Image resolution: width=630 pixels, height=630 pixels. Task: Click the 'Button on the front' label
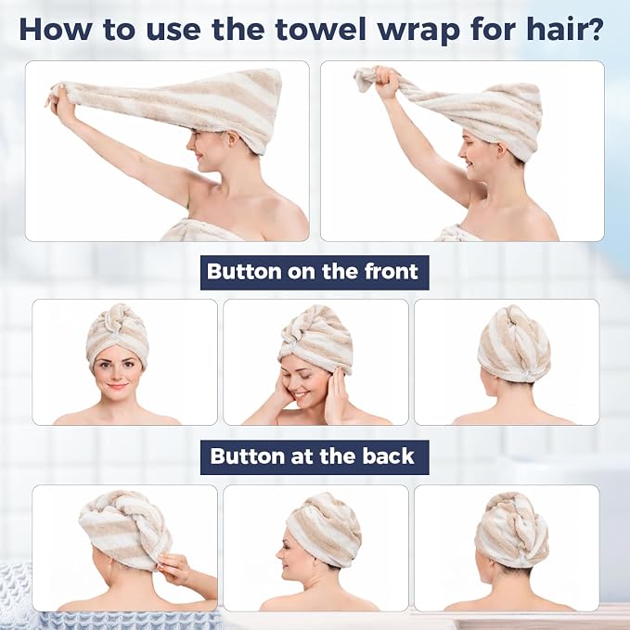click(x=315, y=273)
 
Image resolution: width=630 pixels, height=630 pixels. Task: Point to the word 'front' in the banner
click(x=392, y=272)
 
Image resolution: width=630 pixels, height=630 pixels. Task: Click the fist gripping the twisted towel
click(x=387, y=83)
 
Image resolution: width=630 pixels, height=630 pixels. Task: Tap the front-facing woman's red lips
click(x=117, y=387)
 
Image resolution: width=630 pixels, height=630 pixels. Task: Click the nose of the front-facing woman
click(x=117, y=376)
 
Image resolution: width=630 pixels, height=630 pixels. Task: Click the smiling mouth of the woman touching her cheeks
click(x=300, y=395)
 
